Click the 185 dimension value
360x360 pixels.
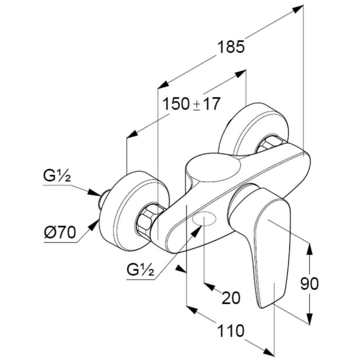229,47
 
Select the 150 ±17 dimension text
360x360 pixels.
191,104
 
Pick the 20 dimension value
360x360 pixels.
230,298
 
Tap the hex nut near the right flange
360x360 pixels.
268,144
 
